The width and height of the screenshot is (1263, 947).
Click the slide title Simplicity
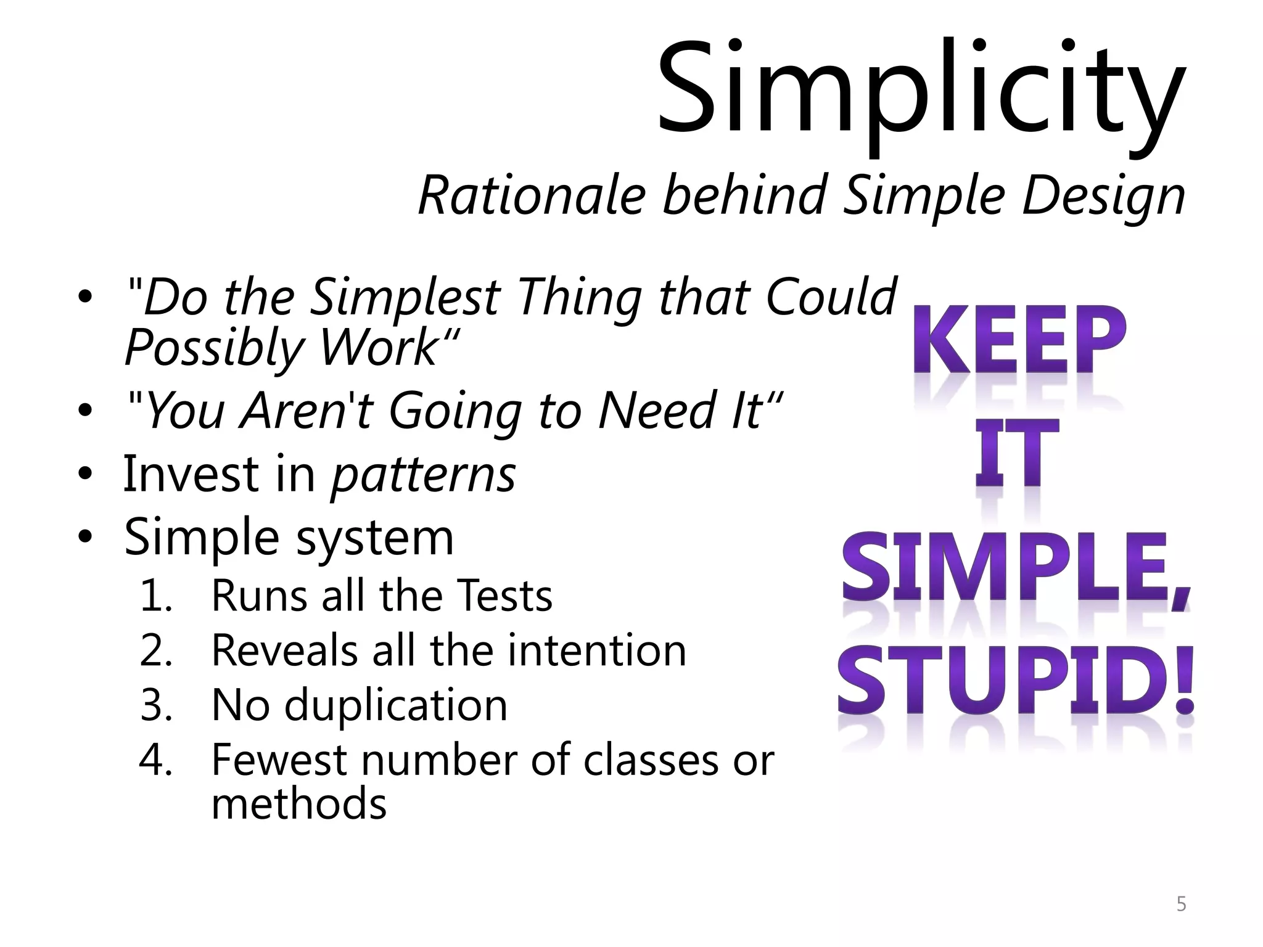click(920, 89)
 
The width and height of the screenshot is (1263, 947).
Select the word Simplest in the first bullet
click(405, 298)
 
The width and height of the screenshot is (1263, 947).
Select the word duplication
click(395, 705)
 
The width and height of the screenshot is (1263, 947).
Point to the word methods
click(298, 805)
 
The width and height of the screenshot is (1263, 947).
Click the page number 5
click(1181, 904)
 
